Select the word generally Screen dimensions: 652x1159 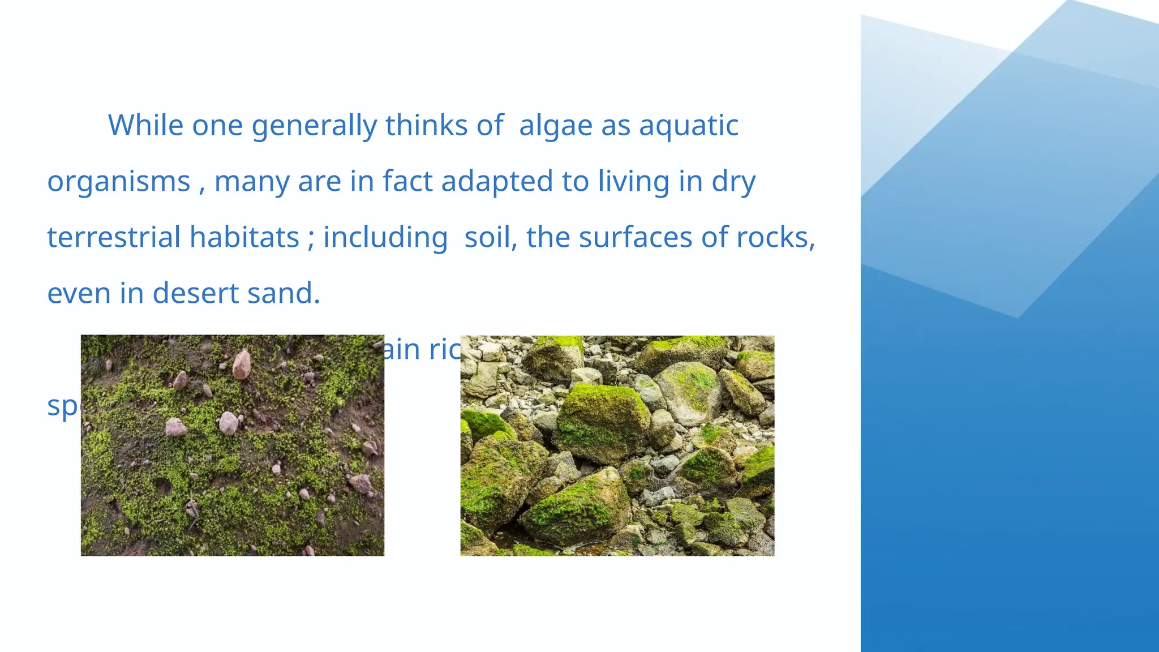(x=314, y=126)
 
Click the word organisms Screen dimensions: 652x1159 (x=119, y=182)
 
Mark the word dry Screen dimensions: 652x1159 (x=733, y=182)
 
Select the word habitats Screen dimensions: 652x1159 (x=244, y=237)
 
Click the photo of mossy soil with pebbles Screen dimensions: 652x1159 (x=232, y=445)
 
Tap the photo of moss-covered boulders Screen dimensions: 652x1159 (x=617, y=445)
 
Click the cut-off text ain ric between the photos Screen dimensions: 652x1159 (x=422, y=350)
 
